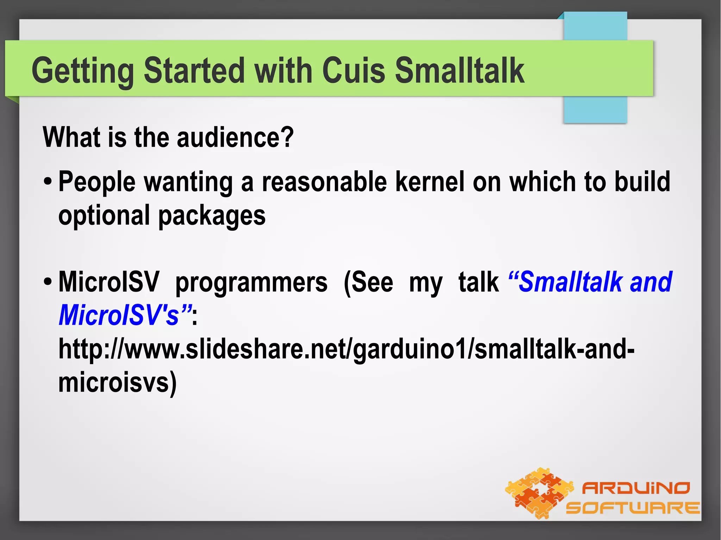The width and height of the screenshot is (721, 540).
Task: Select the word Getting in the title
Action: (83, 71)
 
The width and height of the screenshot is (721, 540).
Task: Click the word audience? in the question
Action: (235, 137)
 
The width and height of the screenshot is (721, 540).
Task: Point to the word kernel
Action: (430, 182)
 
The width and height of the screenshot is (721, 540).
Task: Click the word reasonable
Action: (324, 182)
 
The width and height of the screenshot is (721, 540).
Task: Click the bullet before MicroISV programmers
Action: (48, 282)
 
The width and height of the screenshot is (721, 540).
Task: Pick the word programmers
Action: (251, 282)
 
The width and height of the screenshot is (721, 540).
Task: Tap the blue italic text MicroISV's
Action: (119, 315)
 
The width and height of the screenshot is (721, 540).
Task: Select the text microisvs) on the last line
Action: (117, 383)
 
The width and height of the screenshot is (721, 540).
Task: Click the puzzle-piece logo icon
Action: (539, 493)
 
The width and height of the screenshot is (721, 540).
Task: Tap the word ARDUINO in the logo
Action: (635, 488)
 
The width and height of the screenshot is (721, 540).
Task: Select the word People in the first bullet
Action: (97, 183)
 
